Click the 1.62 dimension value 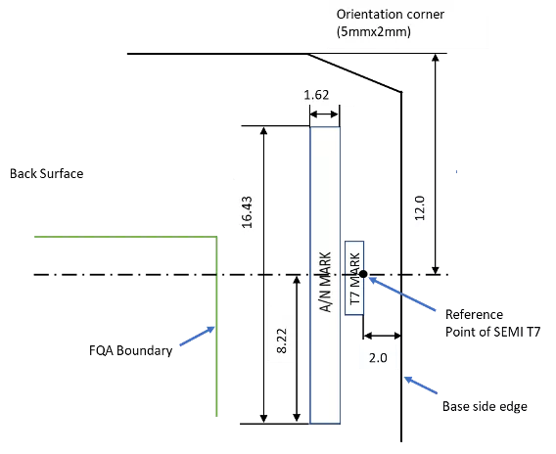(x=316, y=95)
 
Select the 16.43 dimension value (x=247, y=212)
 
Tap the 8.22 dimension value (x=282, y=340)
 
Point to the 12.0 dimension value (x=420, y=208)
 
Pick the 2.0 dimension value (x=378, y=358)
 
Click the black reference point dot (x=363, y=274)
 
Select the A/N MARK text (x=326, y=282)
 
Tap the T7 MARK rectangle (x=354, y=278)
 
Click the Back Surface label (x=46, y=173)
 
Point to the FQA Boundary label (x=131, y=350)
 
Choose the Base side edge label (x=485, y=406)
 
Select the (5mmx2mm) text (x=374, y=32)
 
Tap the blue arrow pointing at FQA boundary (x=198, y=336)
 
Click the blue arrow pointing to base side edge (x=421, y=386)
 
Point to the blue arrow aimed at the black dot (x=402, y=294)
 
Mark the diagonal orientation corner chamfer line (x=354, y=73)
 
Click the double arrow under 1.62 (x=324, y=114)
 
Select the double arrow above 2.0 (x=382, y=336)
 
